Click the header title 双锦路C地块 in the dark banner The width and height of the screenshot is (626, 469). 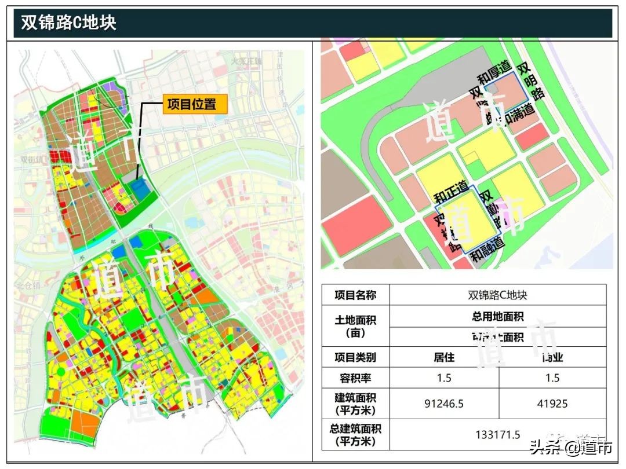69,23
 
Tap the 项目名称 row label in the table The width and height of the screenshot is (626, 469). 355,295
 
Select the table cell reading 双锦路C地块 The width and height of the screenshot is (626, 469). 497,295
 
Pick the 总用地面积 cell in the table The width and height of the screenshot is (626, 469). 497,317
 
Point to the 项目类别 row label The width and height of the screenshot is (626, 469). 355,357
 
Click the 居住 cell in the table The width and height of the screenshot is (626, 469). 444,357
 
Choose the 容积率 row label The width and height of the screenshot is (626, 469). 355,378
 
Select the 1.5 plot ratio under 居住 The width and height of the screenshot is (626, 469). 444,378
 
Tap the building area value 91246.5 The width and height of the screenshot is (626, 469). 444,404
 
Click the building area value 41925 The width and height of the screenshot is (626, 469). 552,404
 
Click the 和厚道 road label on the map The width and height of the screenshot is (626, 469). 493,75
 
